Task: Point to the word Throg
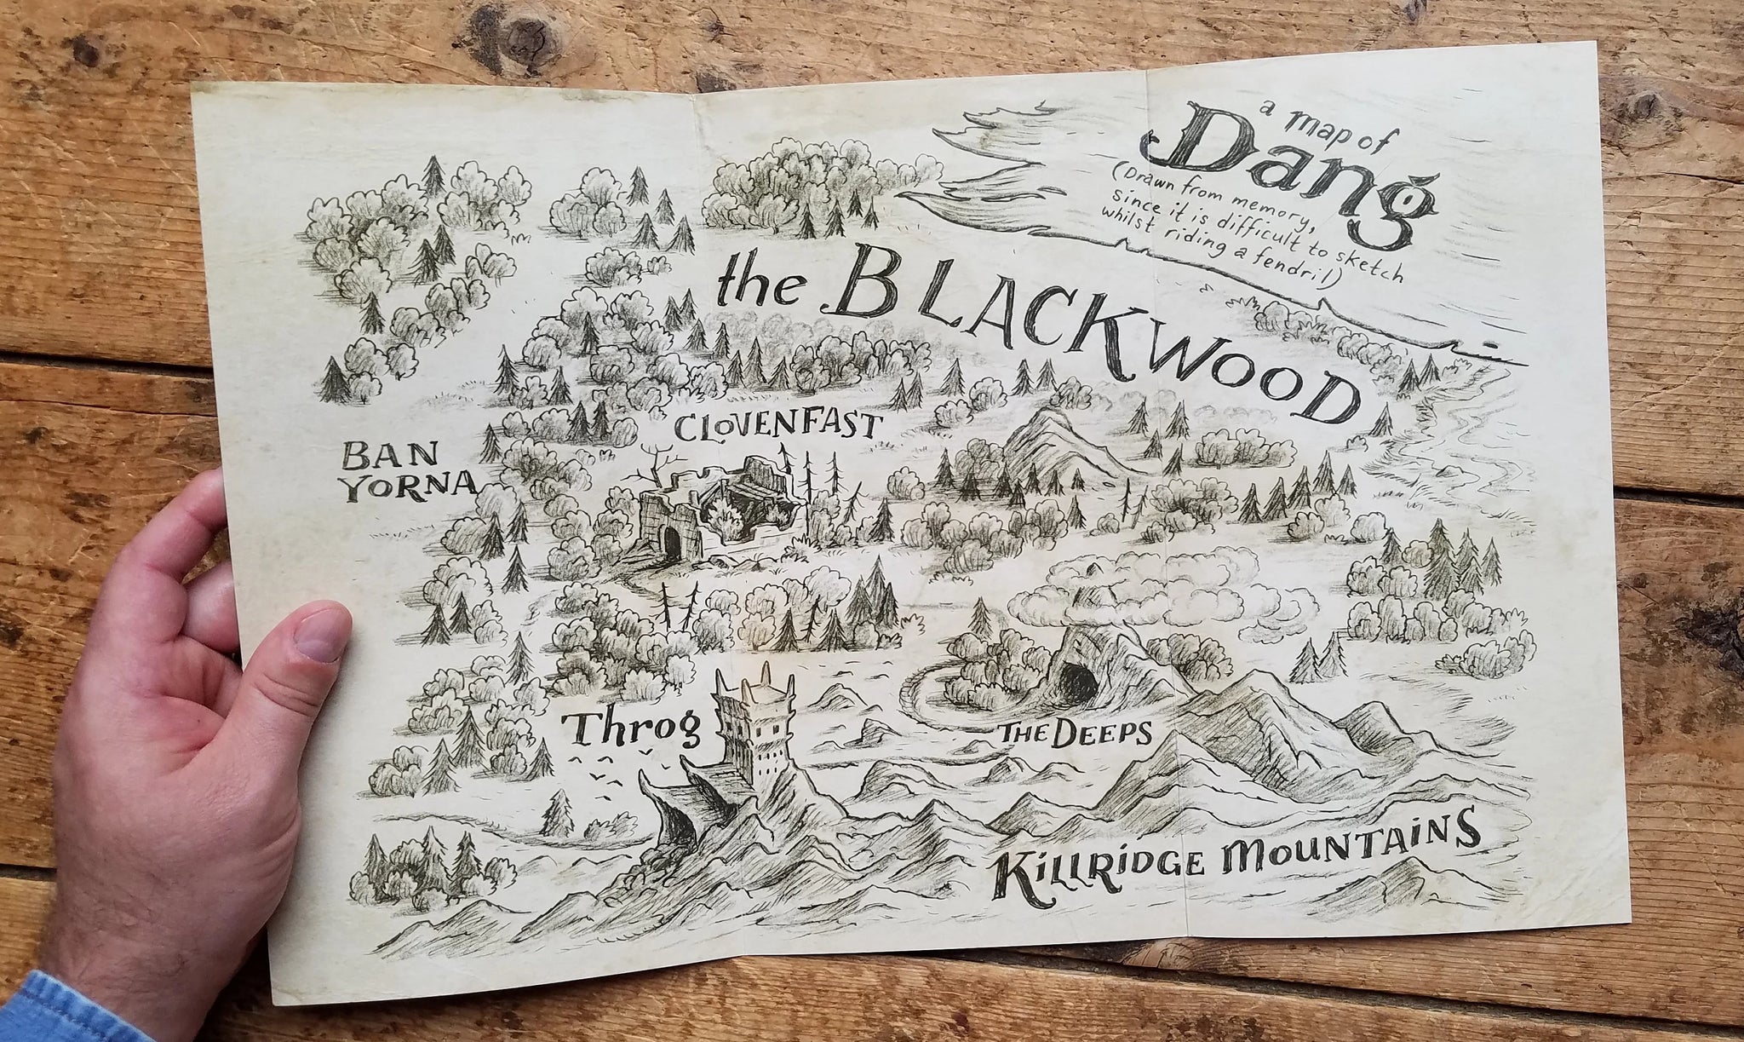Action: pyautogui.click(x=634, y=728)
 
